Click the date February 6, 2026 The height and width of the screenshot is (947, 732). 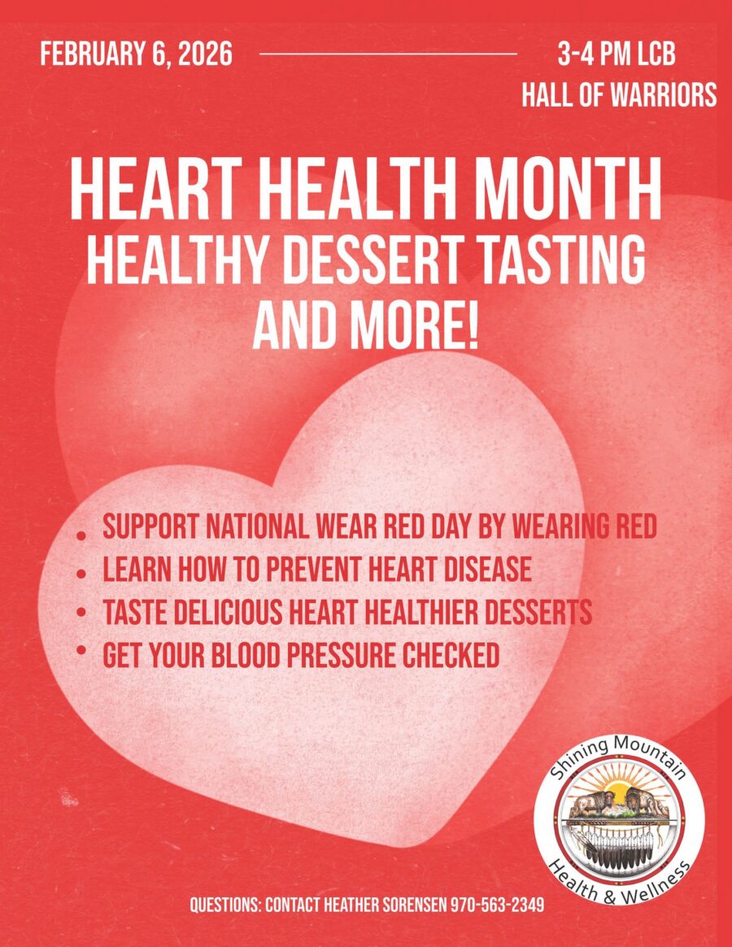click(x=136, y=55)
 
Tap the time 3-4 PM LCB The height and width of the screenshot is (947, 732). click(x=616, y=55)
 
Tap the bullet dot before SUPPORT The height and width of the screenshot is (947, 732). click(x=81, y=535)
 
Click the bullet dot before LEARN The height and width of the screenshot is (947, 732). click(x=81, y=573)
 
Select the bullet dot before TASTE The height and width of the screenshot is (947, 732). click(x=81, y=613)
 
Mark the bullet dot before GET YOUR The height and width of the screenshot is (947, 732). click(x=81, y=650)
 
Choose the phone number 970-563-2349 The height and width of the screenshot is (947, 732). click(x=497, y=905)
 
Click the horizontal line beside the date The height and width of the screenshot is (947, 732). click(x=388, y=54)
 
